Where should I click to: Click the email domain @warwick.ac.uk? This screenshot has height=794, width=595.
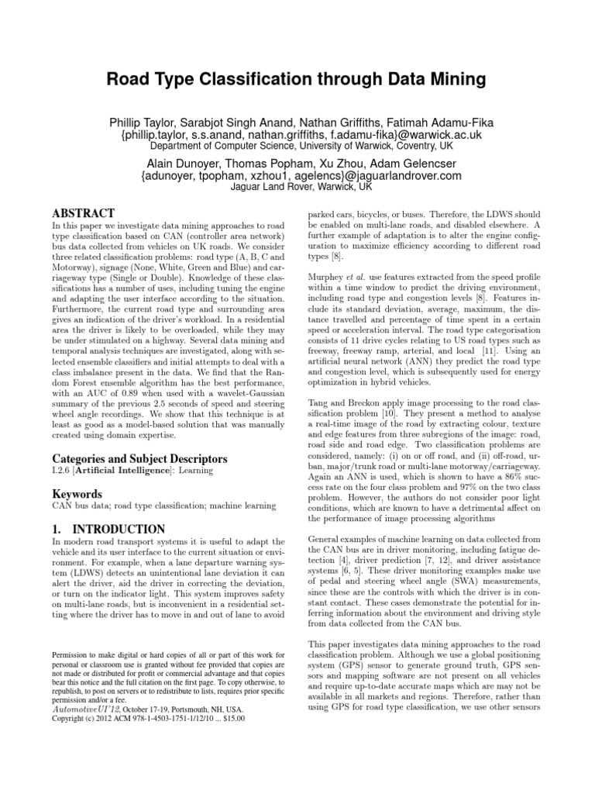click(429, 134)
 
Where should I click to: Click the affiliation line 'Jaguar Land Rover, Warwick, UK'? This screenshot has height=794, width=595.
click(297, 187)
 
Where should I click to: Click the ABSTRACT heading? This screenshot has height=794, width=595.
click(83, 213)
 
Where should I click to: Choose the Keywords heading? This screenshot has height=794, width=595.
click(77, 494)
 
